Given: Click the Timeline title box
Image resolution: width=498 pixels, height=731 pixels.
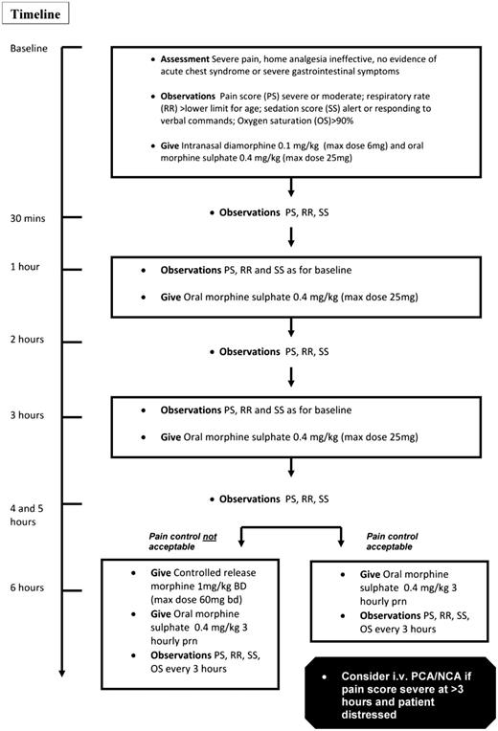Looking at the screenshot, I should point(35,16).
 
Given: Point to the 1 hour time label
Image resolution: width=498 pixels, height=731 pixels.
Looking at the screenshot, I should point(25,266).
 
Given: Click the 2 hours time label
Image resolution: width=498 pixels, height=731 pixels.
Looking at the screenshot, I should point(28,339).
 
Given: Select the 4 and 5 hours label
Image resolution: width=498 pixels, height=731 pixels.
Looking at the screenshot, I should point(30,514).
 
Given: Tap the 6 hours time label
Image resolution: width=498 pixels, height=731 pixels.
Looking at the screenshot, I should point(28,587).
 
